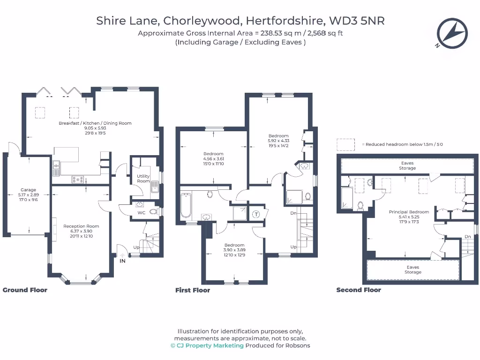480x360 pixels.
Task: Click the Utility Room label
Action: pos(143,179)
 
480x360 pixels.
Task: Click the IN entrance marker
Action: pos(123,261)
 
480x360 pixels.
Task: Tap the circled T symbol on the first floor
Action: pos(256,214)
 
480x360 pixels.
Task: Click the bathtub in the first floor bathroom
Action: pos(186,207)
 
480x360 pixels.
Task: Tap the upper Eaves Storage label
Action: pos(407,165)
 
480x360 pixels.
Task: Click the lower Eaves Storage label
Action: pos(413,270)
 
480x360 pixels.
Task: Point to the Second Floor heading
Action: pos(359,290)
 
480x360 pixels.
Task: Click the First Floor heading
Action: pos(193,290)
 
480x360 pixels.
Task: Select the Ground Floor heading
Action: pos(25,290)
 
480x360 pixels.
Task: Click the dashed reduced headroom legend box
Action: pos(345,144)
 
